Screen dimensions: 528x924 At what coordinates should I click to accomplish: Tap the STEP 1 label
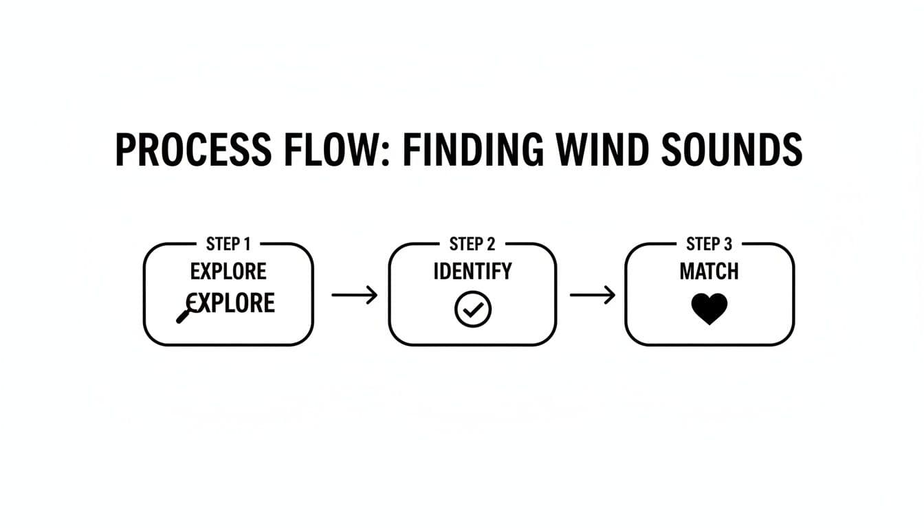[x=228, y=244]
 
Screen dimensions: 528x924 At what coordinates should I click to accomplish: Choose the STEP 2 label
[x=472, y=244]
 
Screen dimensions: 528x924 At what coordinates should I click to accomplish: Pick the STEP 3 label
[x=709, y=244]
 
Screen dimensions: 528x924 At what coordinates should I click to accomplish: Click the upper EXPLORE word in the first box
[x=228, y=272]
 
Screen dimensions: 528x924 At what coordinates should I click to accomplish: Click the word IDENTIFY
[x=472, y=272]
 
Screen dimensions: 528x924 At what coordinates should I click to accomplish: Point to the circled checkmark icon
[x=472, y=309]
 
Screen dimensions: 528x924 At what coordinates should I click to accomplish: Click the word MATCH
[x=709, y=272]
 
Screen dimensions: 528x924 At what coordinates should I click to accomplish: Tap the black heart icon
[x=709, y=309]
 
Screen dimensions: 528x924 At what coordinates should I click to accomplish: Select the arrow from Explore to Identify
[x=355, y=295]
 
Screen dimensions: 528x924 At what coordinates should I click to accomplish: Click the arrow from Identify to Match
[x=592, y=295]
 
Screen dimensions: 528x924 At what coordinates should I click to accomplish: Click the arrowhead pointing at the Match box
[x=610, y=295]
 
